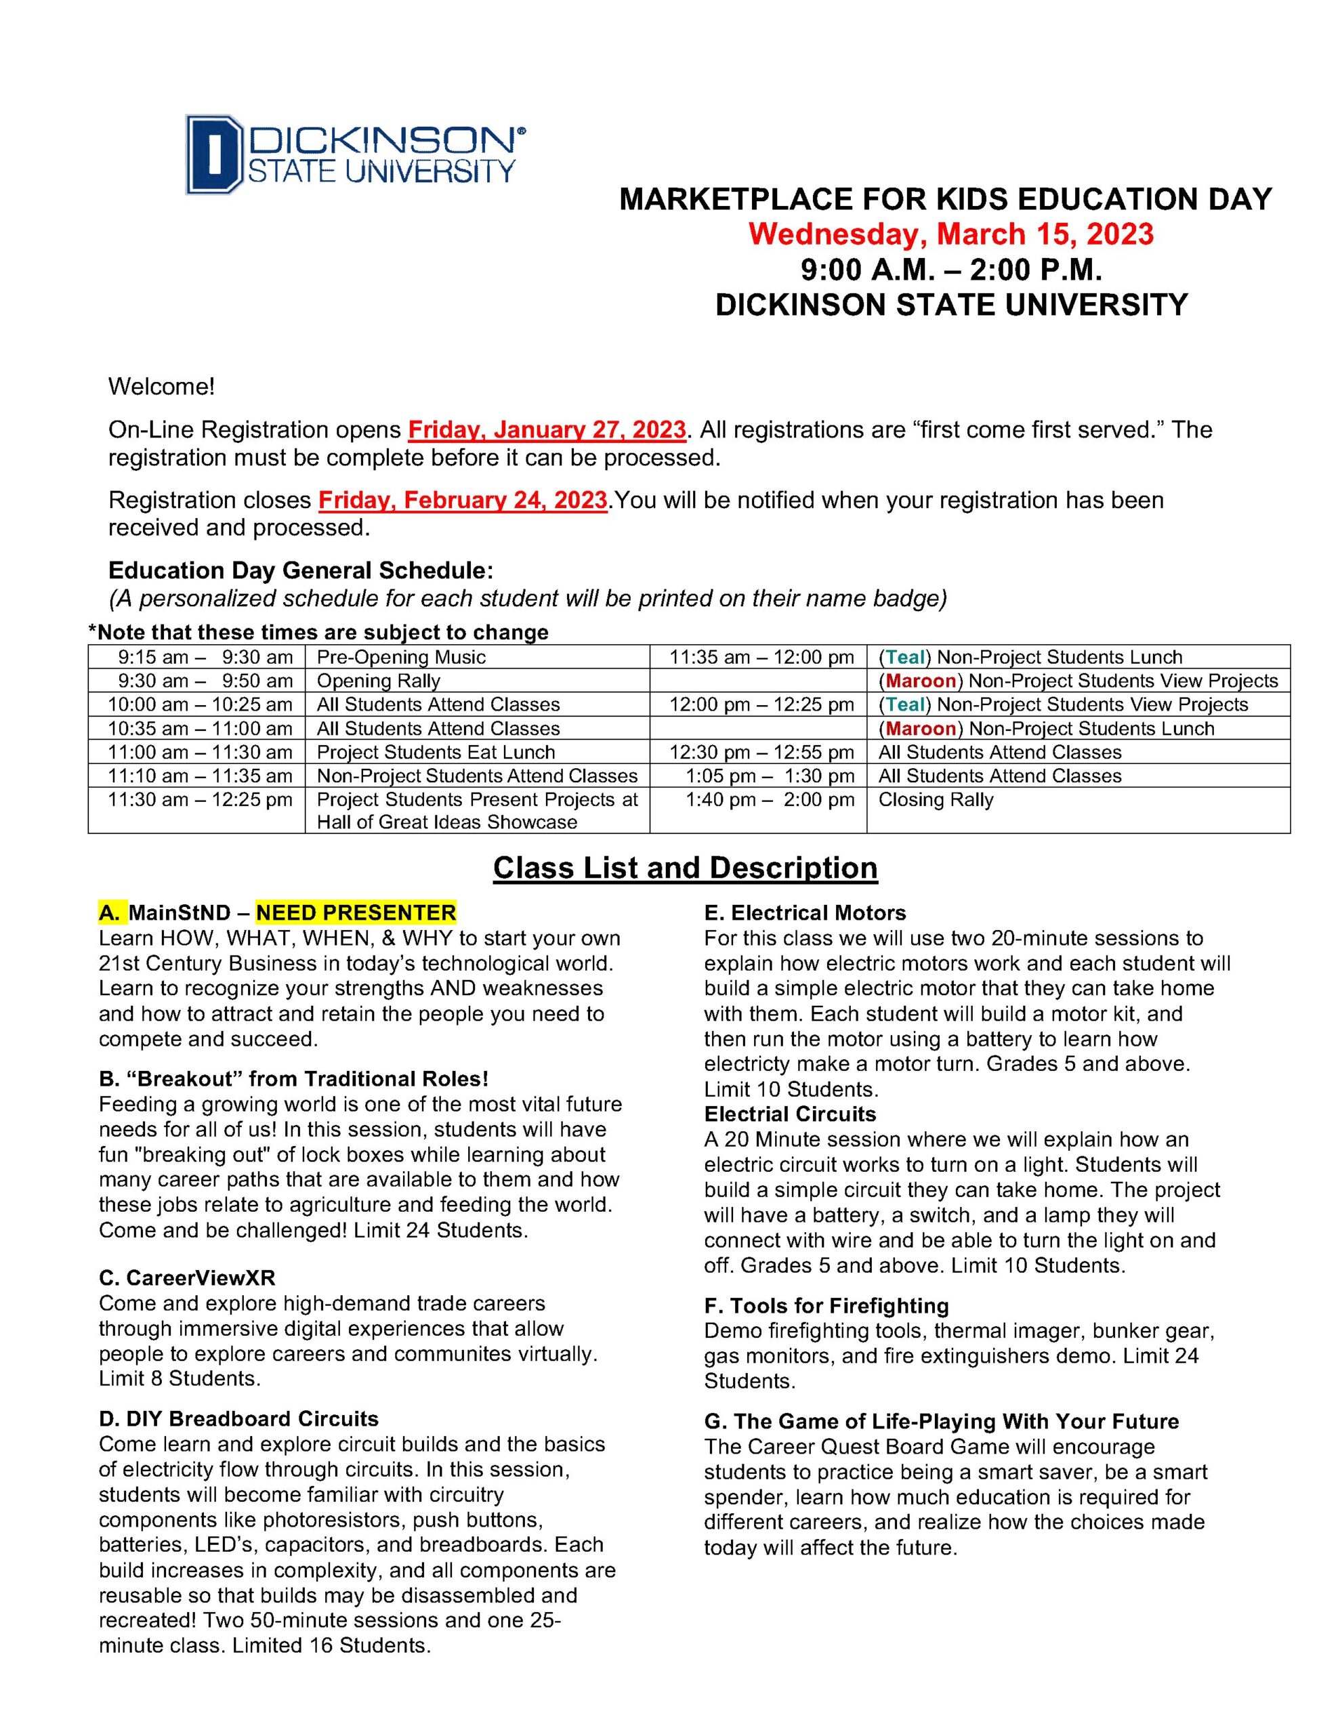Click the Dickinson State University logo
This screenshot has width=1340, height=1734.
[x=354, y=154]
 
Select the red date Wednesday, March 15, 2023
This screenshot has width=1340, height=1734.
[x=950, y=234]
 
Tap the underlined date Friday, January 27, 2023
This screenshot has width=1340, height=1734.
[x=547, y=429]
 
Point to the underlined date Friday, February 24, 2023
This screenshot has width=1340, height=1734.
[x=462, y=500]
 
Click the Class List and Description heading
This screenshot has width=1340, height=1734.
[x=685, y=867]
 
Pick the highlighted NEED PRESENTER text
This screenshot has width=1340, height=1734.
[x=356, y=912]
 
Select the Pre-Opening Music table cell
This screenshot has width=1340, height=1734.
[x=401, y=658]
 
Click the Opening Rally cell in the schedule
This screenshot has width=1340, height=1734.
[x=378, y=681]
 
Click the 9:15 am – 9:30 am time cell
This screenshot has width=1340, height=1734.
[x=206, y=658]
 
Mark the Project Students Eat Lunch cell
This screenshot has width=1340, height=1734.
[x=436, y=752]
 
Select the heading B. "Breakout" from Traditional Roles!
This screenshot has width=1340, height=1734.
[x=293, y=1079]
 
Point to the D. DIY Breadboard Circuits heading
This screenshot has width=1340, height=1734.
[x=238, y=1419]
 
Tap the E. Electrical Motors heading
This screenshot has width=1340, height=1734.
[x=805, y=913]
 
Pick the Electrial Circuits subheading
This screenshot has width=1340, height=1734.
[x=789, y=1114]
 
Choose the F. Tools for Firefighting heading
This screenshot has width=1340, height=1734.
[x=826, y=1306]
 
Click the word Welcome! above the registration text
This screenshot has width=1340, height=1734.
[x=161, y=387]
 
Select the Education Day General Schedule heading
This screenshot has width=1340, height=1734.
[x=300, y=570]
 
